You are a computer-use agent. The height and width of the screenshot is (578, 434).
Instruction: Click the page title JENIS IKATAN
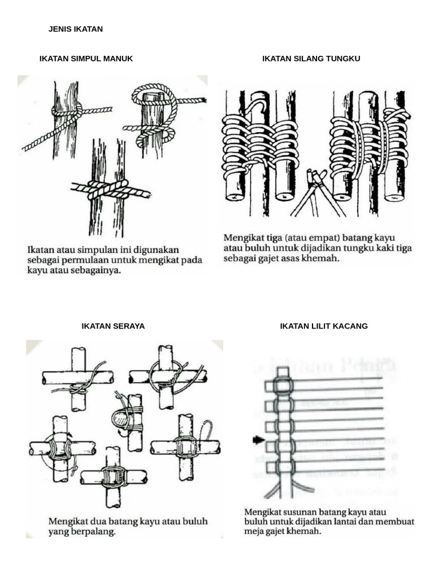pyautogui.click(x=76, y=29)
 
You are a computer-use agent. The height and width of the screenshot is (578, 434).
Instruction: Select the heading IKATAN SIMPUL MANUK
pyautogui.click(x=86, y=59)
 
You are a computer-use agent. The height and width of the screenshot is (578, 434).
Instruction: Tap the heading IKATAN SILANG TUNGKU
pyautogui.click(x=311, y=59)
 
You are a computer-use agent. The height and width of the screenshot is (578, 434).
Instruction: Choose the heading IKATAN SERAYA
pyautogui.click(x=113, y=326)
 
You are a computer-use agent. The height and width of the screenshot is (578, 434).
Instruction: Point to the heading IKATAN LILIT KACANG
pyautogui.click(x=324, y=326)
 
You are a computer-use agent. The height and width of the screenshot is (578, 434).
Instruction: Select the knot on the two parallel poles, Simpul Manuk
pyautogui.click(x=108, y=190)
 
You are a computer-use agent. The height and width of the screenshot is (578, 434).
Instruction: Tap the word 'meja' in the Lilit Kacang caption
pyautogui.click(x=255, y=532)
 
